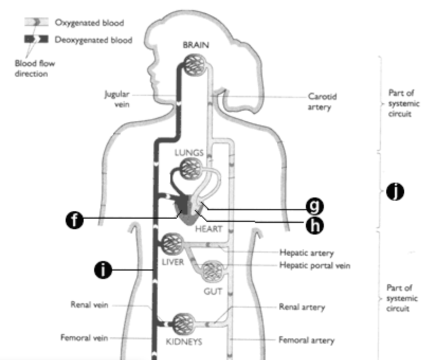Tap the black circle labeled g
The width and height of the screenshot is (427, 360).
coord(316,205)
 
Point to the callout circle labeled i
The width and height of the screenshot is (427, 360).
coord(103,270)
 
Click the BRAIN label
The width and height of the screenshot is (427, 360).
coord(196,46)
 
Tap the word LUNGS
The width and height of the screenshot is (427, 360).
coord(189,152)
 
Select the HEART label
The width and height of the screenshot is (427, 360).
coord(208,229)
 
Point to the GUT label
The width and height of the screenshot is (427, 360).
coord(213,291)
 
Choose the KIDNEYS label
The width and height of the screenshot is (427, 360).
coord(184,341)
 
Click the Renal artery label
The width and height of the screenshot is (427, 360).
coord(302,307)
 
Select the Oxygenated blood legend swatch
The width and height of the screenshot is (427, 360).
coord(37,23)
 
